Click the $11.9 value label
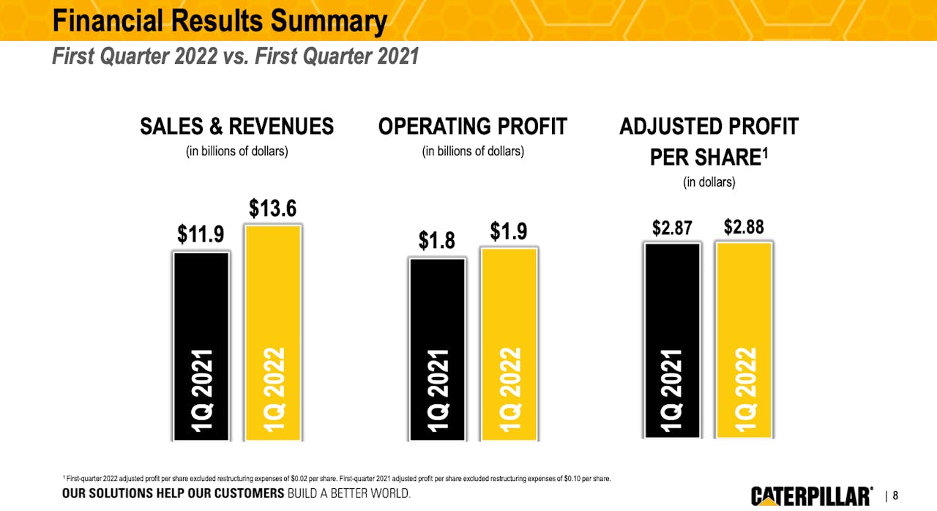tap(201, 234)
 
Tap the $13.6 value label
tap(272, 209)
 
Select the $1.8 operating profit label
tap(437, 240)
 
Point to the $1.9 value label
tap(509, 232)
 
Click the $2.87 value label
tap(672, 228)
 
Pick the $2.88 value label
tap(744, 227)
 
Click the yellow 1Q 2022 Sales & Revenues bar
tap(272, 333)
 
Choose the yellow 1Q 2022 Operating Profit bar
tap(509, 344)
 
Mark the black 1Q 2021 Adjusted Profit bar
tap(672, 340)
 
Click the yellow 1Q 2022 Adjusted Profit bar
tap(744, 340)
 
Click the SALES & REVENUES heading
tap(236, 127)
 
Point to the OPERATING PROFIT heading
tap(473, 127)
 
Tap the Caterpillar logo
tap(811, 496)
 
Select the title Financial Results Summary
tap(219, 21)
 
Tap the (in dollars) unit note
tap(709, 182)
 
